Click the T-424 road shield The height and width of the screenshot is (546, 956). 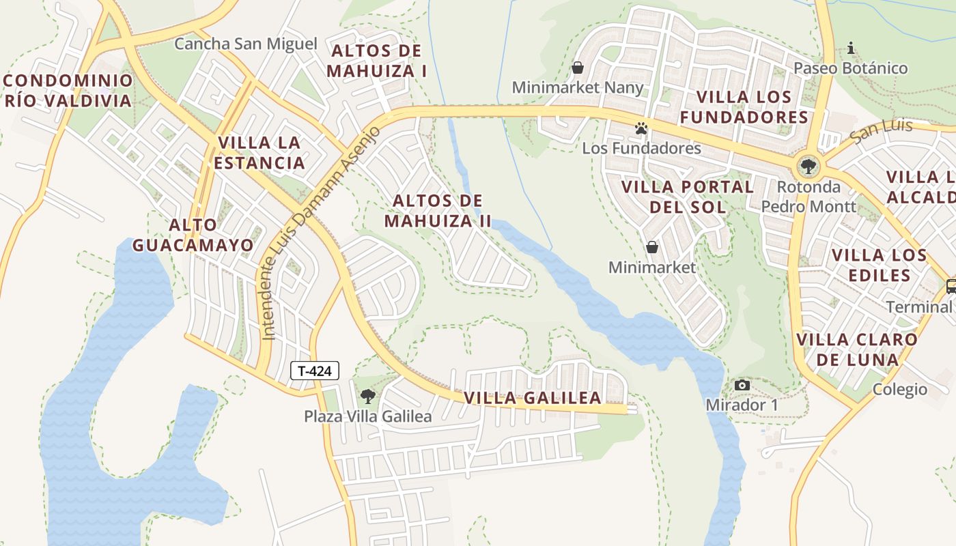point(315,371)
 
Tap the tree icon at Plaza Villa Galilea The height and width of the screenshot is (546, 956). point(367,396)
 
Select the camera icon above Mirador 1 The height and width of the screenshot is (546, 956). point(742,386)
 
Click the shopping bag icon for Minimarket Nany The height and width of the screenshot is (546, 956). point(578,68)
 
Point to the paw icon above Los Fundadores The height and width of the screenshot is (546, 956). point(641,128)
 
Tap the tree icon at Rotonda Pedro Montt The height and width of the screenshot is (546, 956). point(809,166)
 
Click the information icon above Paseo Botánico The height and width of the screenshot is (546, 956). point(851,48)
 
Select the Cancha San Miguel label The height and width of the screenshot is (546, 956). point(246,44)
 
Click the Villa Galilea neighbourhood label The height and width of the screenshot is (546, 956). point(533,398)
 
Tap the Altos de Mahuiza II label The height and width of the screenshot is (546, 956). point(438,211)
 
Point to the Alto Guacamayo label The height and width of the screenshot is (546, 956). point(193,235)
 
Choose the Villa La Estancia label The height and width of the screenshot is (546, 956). point(261,153)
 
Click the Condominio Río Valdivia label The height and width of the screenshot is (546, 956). point(68,91)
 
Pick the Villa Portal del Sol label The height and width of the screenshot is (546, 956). point(688,197)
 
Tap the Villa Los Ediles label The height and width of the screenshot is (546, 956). point(879,265)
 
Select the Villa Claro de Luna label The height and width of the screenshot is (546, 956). point(857,349)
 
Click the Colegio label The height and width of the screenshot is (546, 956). point(900,390)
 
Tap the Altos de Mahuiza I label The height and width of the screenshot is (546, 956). point(376,61)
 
